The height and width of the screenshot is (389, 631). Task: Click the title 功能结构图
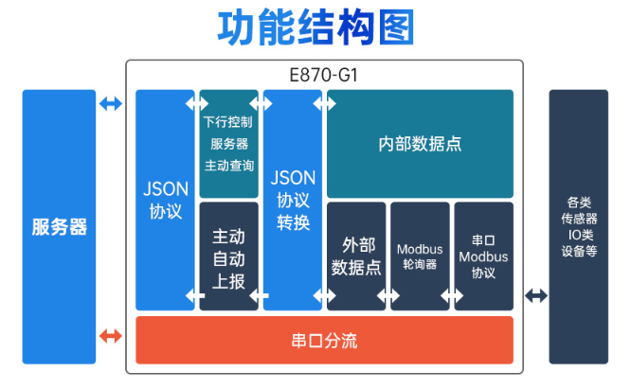click(316, 28)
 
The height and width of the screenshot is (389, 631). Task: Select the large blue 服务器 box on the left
click(59, 227)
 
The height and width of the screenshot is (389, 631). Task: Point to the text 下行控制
click(228, 122)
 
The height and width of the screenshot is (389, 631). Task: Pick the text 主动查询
click(228, 165)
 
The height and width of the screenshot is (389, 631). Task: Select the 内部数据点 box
click(420, 145)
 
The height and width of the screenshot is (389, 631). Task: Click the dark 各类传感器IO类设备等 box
click(579, 227)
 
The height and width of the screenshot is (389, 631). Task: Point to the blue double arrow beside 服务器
click(111, 103)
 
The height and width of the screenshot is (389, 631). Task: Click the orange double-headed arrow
click(111, 335)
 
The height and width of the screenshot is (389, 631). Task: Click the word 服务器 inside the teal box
click(228, 144)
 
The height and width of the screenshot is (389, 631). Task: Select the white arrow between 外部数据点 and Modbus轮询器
click(388, 296)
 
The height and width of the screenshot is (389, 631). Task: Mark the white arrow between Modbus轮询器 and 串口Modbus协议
click(452, 296)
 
